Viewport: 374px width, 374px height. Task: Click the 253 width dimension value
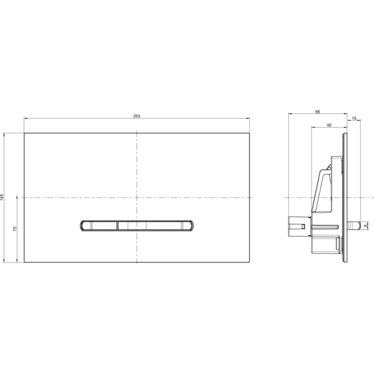pyautogui.click(x=137, y=116)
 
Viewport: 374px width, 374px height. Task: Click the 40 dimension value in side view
pyautogui.click(x=328, y=125)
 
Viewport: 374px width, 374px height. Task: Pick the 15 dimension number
pyautogui.click(x=354, y=118)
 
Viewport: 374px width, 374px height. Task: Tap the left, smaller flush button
pyautogui.click(x=98, y=225)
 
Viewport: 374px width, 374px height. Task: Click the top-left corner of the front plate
pyautogui.click(x=24, y=133)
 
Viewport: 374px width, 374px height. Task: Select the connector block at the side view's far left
pyautogui.click(x=296, y=224)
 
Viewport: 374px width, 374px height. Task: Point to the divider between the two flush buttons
pyautogui.click(x=117, y=225)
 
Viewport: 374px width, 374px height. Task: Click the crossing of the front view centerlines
pyautogui.click(x=136, y=197)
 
